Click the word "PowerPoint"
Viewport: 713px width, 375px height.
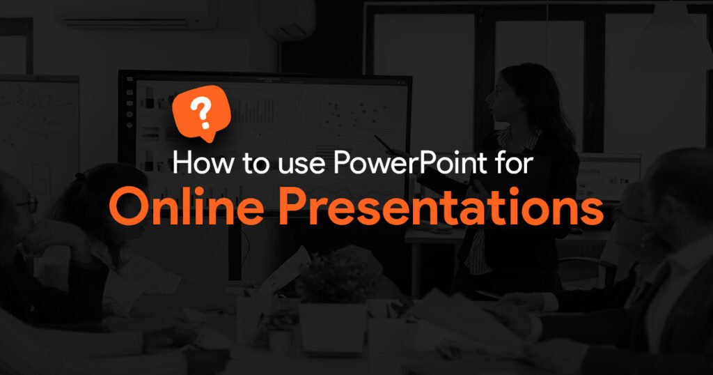pos(411,162)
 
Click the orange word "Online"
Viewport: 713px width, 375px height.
pos(187,206)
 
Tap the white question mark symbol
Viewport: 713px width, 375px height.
pos(201,114)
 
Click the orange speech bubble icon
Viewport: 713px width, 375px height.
pos(202,114)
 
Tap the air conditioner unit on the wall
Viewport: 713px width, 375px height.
pos(136,14)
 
